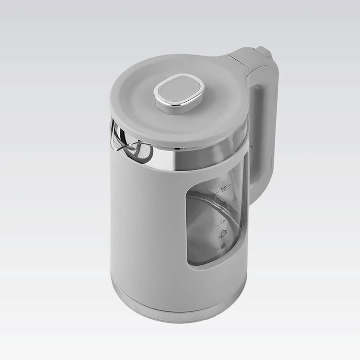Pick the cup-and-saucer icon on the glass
(x=223, y=235)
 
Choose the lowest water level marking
(x=223, y=247)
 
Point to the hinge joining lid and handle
(x=242, y=59)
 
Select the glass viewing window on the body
(x=211, y=226)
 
